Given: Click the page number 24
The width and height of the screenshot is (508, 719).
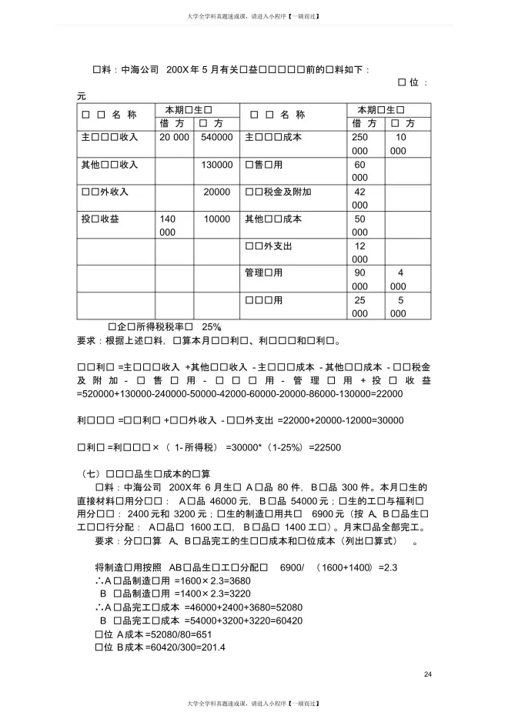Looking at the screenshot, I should [428, 675].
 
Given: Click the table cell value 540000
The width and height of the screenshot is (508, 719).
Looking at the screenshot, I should [216, 137].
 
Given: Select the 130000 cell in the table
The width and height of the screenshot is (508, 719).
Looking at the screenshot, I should [216, 165].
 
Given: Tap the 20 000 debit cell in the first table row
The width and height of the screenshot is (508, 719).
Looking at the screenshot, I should [175, 137].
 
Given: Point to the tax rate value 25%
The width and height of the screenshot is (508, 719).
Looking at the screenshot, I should [211, 326].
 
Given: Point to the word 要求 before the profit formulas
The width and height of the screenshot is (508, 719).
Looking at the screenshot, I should [90, 339].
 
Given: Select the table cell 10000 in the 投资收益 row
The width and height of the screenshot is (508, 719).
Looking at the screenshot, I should [217, 219].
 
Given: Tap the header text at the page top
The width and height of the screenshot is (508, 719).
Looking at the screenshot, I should [253, 15].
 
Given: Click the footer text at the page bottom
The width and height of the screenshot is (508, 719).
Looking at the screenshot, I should [253, 704].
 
